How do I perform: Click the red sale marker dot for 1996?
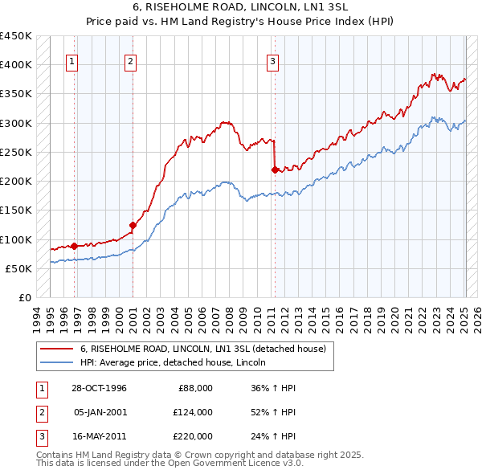tap(75, 246)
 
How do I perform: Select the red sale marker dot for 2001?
tap(133, 225)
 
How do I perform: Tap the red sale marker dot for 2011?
tap(275, 170)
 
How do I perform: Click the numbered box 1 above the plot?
tap(72, 60)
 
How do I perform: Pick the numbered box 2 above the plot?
tap(130, 60)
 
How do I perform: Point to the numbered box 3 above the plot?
tap(272, 60)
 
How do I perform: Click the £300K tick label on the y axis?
tap(16, 123)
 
